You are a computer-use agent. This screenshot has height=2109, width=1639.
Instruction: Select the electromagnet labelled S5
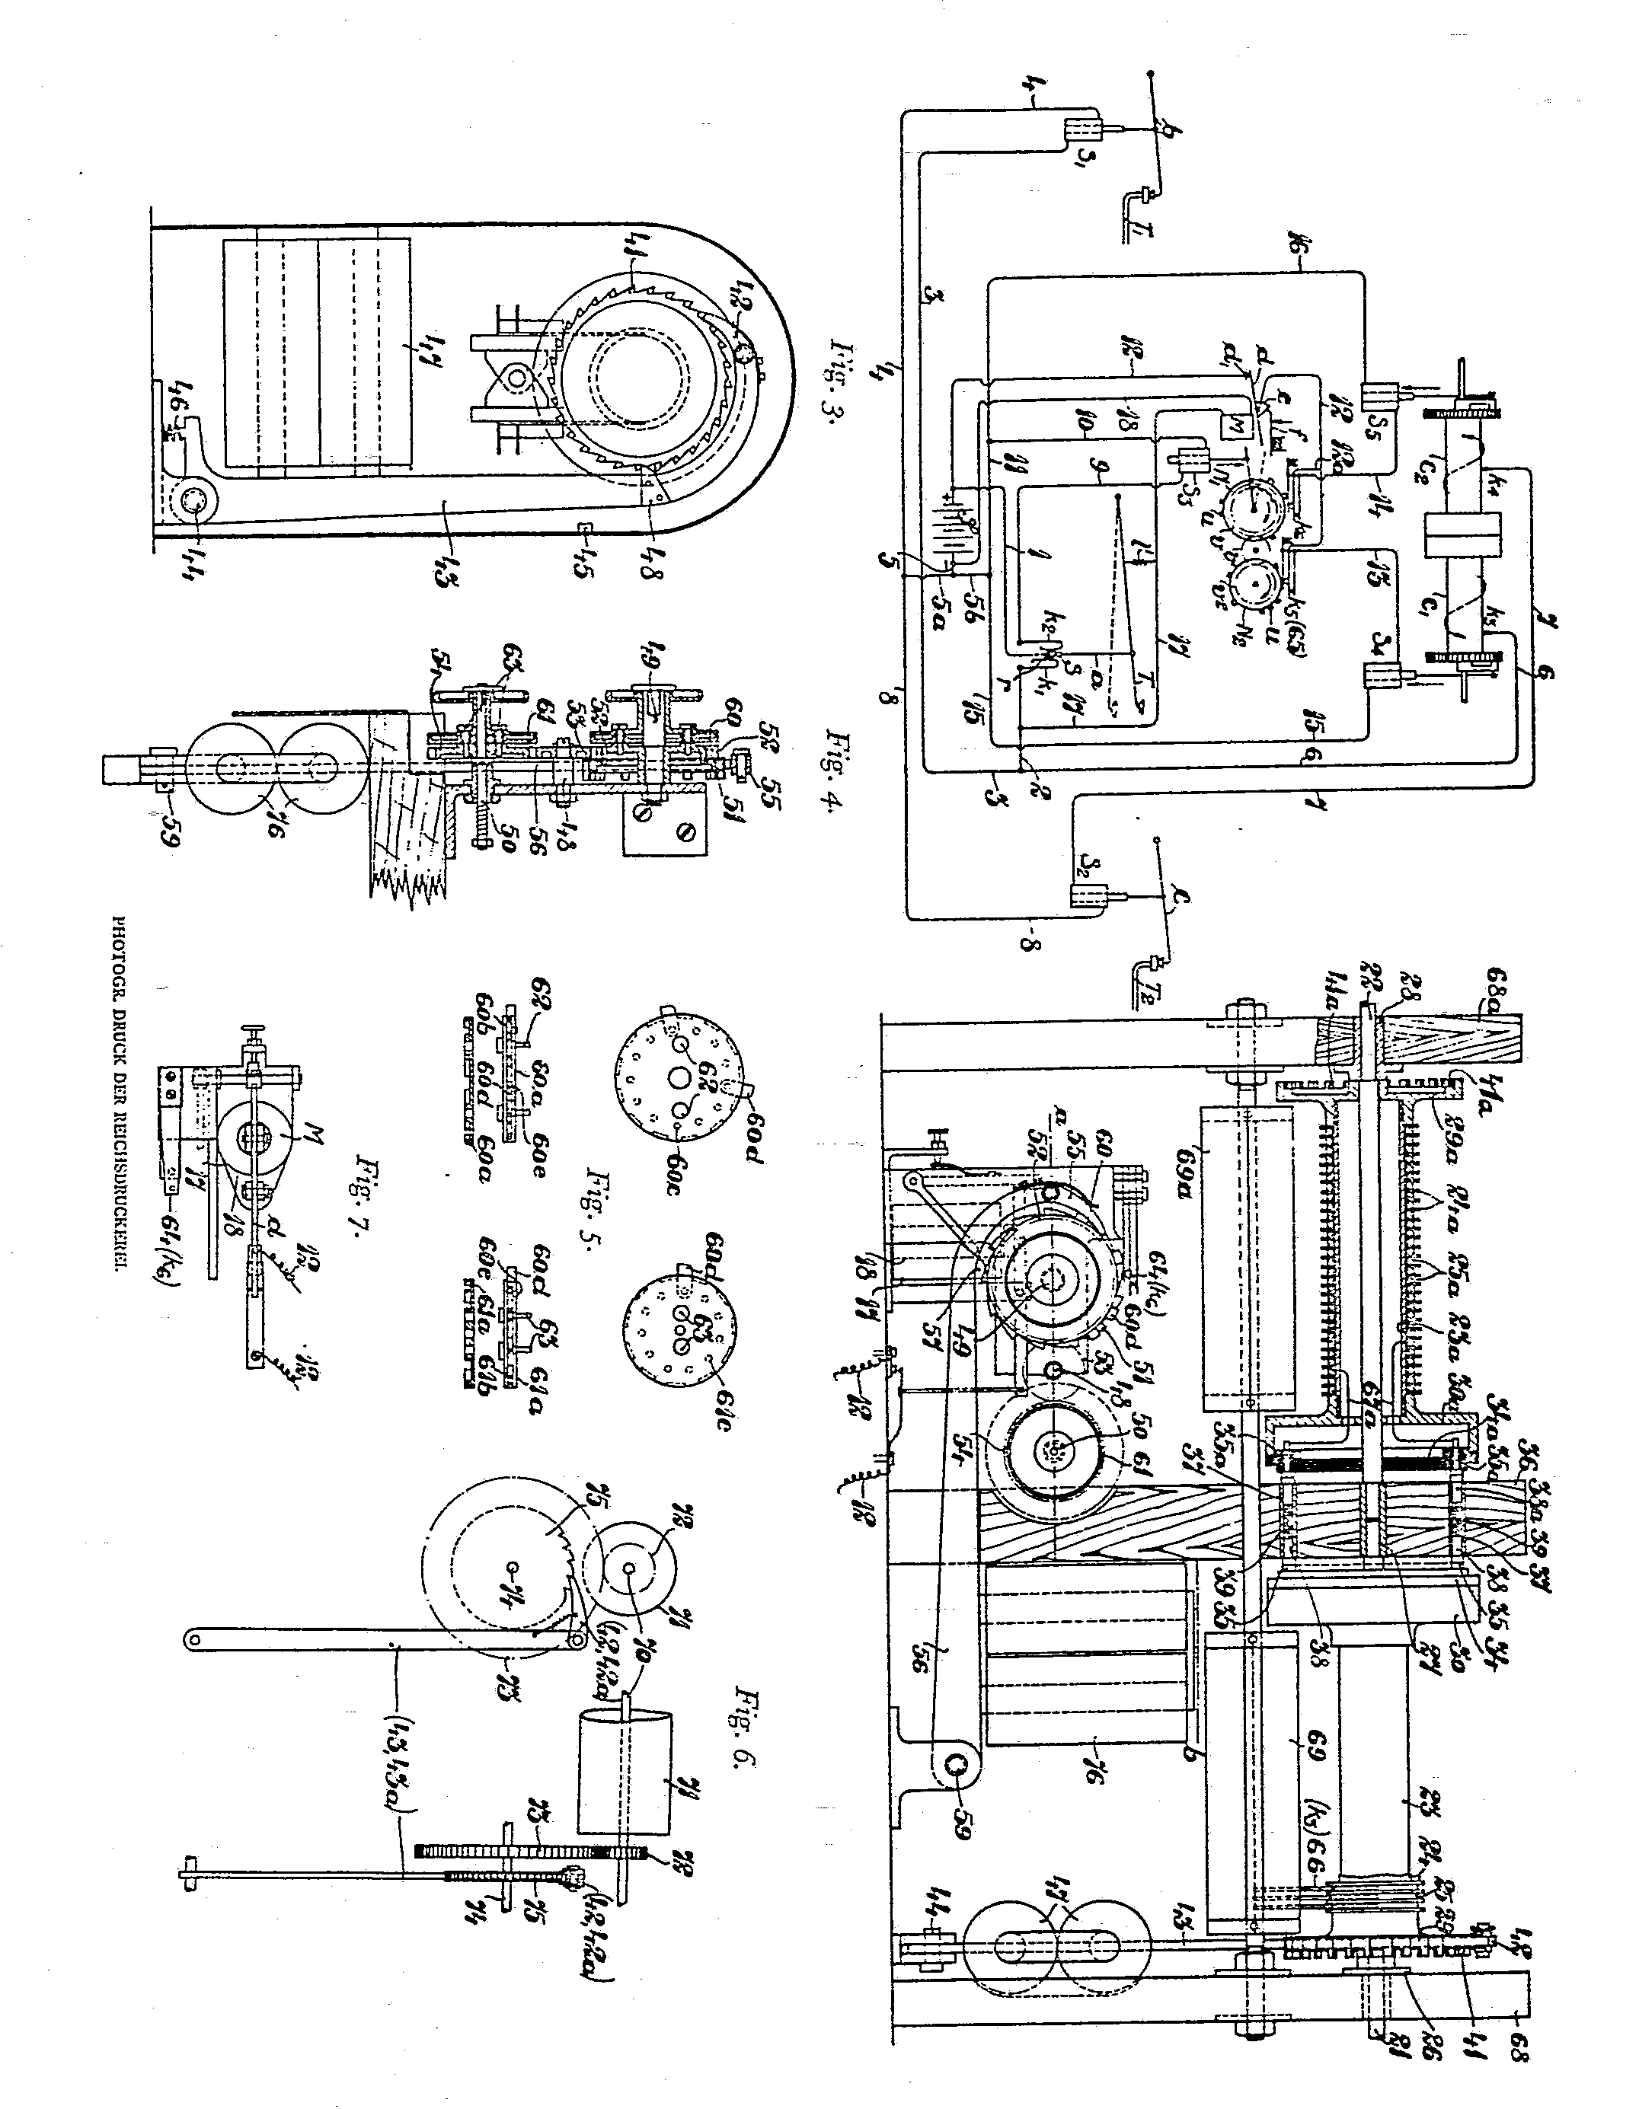coord(1375,395)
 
